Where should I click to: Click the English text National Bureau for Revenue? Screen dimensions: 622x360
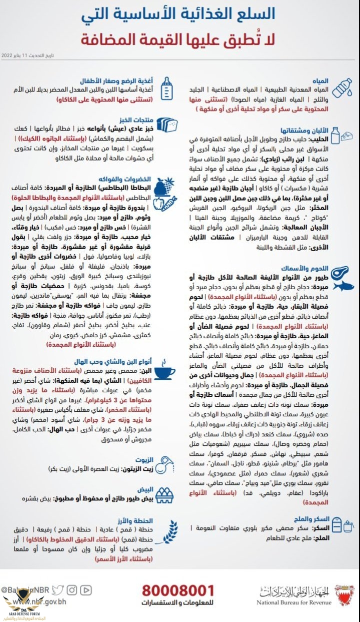(x=294, y=602)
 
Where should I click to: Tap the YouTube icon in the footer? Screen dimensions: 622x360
(x=85, y=590)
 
